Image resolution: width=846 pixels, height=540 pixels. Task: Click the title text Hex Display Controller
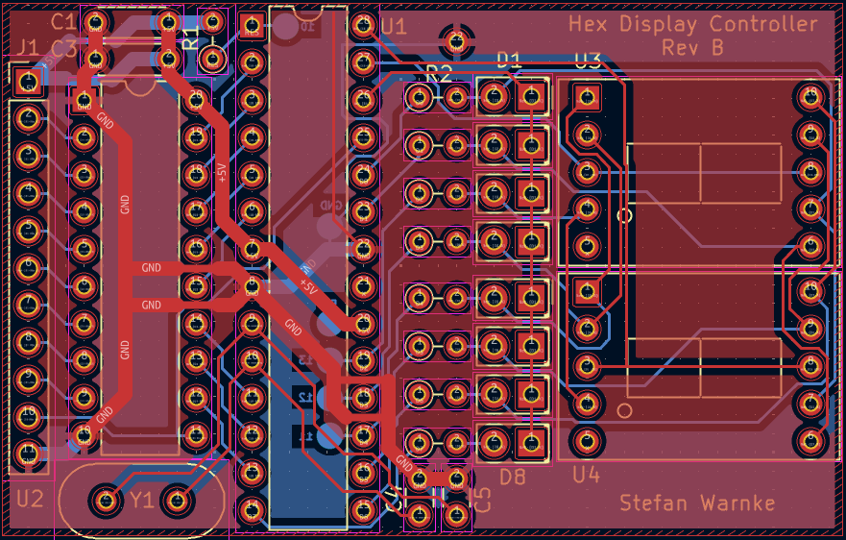point(693,24)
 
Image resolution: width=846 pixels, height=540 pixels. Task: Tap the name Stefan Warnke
point(696,503)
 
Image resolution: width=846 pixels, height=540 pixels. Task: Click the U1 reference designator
point(394,26)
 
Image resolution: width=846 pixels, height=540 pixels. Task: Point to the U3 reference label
point(587,61)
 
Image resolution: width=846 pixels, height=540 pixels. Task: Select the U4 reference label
point(586,476)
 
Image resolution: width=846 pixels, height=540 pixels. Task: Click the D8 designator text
point(512,476)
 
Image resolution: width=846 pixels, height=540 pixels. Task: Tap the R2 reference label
point(438,73)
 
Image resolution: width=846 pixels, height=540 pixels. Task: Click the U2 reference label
point(30,499)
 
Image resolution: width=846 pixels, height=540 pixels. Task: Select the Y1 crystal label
point(142,500)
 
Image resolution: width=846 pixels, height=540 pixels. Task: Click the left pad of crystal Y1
point(105,500)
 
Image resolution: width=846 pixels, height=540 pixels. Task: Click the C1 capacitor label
point(63,21)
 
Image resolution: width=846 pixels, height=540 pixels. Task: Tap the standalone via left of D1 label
point(456,40)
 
